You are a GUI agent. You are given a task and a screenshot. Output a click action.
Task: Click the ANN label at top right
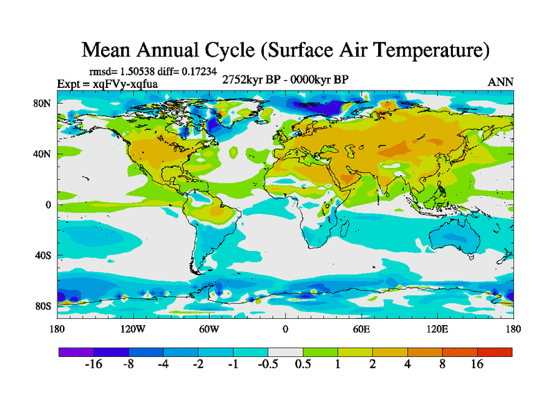(501, 82)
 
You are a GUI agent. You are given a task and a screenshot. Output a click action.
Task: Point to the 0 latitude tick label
(48, 204)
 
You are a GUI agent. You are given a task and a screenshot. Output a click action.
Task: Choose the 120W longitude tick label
(132, 329)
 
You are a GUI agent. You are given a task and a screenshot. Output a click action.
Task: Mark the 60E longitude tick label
(361, 329)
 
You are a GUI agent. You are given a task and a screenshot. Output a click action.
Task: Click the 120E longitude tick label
(438, 329)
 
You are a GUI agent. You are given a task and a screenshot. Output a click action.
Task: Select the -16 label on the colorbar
(93, 365)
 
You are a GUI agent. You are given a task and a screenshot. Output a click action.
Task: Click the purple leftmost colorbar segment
(75, 352)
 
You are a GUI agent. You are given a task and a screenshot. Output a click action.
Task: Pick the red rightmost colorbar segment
(494, 352)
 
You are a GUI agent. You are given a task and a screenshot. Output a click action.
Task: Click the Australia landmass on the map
(454, 239)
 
